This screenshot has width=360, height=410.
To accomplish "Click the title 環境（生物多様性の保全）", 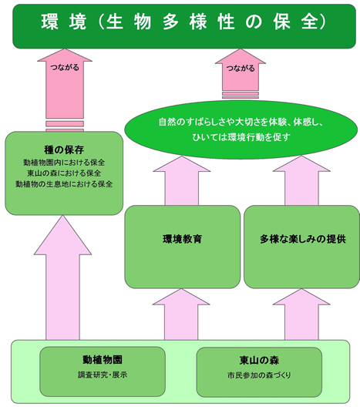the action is (x=183, y=22).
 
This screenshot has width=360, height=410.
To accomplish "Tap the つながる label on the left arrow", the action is (x=65, y=68).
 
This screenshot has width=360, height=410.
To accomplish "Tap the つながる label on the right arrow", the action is (x=241, y=69).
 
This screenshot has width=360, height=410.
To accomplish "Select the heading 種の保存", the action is (x=64, y=150).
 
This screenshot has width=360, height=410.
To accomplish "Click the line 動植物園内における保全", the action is (x=64, y=163).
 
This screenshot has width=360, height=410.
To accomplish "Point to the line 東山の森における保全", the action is (x=64, y=173).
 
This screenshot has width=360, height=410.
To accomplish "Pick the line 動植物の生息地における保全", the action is (x=64, y=184).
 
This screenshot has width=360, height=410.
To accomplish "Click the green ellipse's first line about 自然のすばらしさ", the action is (x=241, y=122).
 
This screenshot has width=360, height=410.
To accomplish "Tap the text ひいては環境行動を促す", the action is (x=241, y=137).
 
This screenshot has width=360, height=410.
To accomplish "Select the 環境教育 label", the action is (x=183, y=239).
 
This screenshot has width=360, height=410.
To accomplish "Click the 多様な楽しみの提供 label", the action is (x=303, y=239).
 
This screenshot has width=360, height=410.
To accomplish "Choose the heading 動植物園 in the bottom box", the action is (x=103, y=360).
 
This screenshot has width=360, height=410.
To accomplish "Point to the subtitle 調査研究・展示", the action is (x=103, y=375).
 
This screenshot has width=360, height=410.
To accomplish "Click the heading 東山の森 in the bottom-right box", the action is (x=259, y=361).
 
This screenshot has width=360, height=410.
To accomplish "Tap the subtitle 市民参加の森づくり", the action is (x=259, y=375).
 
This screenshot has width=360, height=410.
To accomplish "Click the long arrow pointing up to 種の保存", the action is (x=62, y=277).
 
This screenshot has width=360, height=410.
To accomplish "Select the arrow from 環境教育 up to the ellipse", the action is (x=182, y=181).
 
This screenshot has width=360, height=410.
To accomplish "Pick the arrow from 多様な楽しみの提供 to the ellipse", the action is (x=301, y=181).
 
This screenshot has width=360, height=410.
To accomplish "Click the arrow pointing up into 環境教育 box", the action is (x=181, y=314).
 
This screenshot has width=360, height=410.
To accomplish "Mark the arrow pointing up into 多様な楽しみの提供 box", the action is (x=301, y=314).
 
